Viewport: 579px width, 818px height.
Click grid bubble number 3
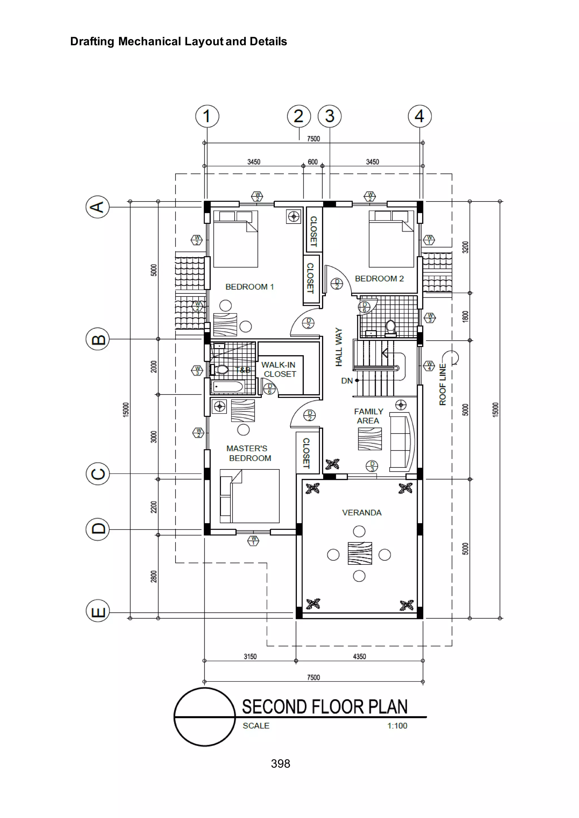coord(329,116)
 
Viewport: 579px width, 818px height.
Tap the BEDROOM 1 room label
coord(250,287)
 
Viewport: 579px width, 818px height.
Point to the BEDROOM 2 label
coord(379,279)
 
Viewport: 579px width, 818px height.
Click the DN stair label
coord(347,381)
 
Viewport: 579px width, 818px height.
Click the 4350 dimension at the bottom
coord(359,657)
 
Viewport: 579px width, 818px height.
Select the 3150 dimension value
coord(250,657)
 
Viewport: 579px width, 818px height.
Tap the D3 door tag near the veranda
coord(372,466)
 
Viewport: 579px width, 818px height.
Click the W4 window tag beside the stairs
coord(429,366)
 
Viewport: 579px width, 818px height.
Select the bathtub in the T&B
coord(228,387)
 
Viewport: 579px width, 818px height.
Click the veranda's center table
coord(360,553)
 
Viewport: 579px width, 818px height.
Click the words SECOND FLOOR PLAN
coord(325,707)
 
